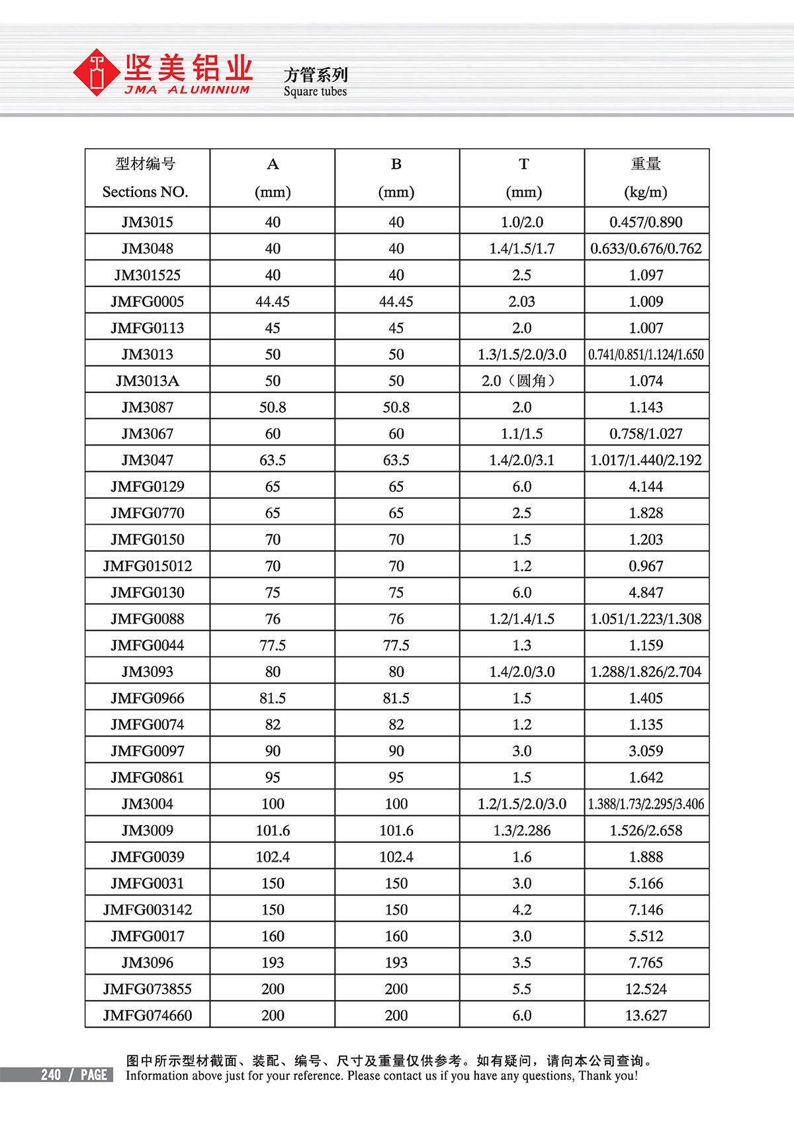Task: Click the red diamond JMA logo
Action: pyautogui.click(x=97, y=72)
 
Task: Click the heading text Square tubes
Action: pyautogui.click(x=315, y=91)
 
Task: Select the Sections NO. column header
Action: pyautogui.click(x=146, y=192)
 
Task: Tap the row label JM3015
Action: pyautogui.click(x=147, y=222)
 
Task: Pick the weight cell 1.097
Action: pyautogui.click(x=646, y=275)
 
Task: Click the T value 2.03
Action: pyautogui.click(x=521, y=302)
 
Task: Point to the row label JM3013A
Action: pyautogui.click(x=147, y=381)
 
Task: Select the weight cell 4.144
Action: pyautogui.click(x=646, y=487)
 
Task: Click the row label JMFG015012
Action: pyautogui.click(x=147, y=566)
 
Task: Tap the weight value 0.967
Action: pyautogui.click(x=646, y=566)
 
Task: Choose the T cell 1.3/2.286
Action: pyautogui.click(x=521, y=831)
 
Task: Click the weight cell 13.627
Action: pyautogui.click(x=646, y=1016)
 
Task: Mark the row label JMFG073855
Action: pyautogui.click(x=147, y=989)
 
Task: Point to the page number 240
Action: pyautogui.click(x=51, y=1075)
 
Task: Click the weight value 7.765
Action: pyautogui.click(x=646, y=963)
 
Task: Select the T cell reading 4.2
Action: pyautogui.click(x=521, y=910)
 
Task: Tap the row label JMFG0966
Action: pyautogui.click(x=147, y=698)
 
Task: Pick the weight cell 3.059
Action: pyautogui.click(x=646, y=751)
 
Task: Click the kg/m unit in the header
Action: pyautogui.click(x=646, y=192)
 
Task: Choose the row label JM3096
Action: pyautogui.click(x=147, y=963)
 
